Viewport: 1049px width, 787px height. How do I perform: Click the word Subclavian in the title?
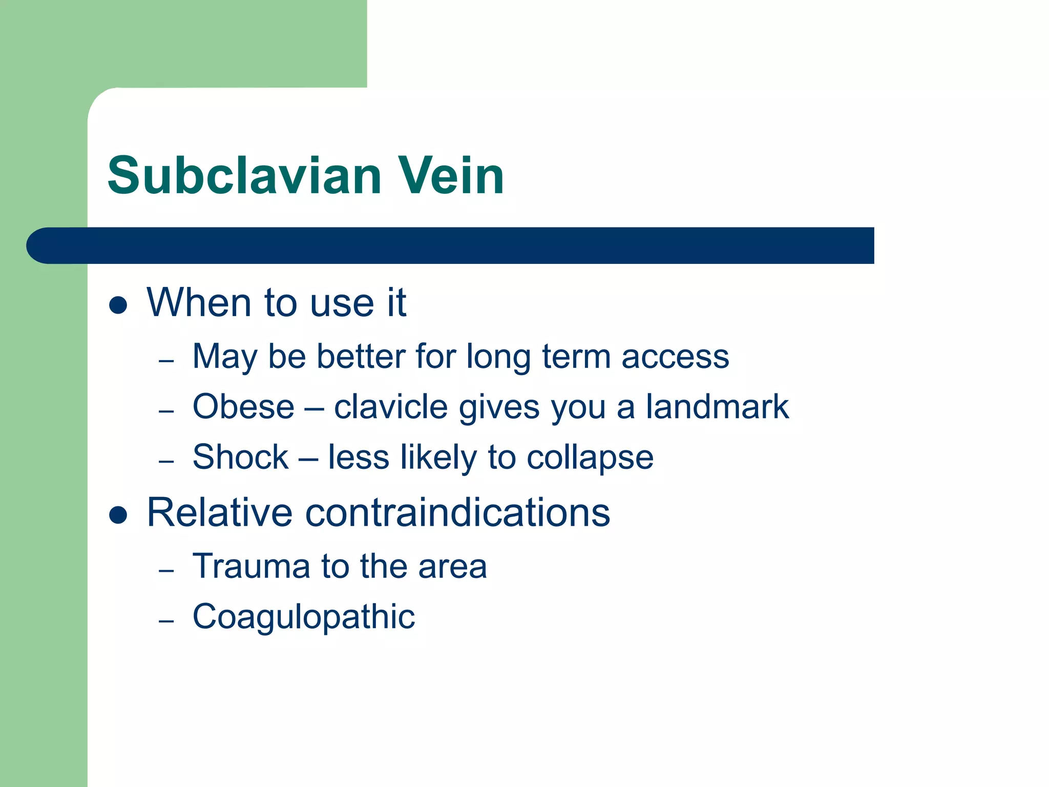click(245, 176)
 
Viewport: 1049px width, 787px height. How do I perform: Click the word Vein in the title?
click(451, 176)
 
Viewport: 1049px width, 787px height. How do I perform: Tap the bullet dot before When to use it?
click(118, 305)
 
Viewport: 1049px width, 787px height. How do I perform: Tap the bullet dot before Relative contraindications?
click(118, 515)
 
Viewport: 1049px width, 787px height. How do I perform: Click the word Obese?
click(244, 407)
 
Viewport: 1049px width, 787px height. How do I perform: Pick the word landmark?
click(717, 407)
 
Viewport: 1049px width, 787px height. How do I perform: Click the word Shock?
click(241, 457)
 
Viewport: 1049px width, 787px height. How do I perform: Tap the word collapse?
click(590, 458)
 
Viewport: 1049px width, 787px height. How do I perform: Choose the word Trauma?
click(251, 567)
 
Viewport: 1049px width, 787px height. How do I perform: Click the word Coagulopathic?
click(304, 617)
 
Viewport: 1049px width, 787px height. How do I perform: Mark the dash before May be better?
click(166, 361)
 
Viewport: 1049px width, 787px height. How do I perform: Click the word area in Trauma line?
click(452, 567)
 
